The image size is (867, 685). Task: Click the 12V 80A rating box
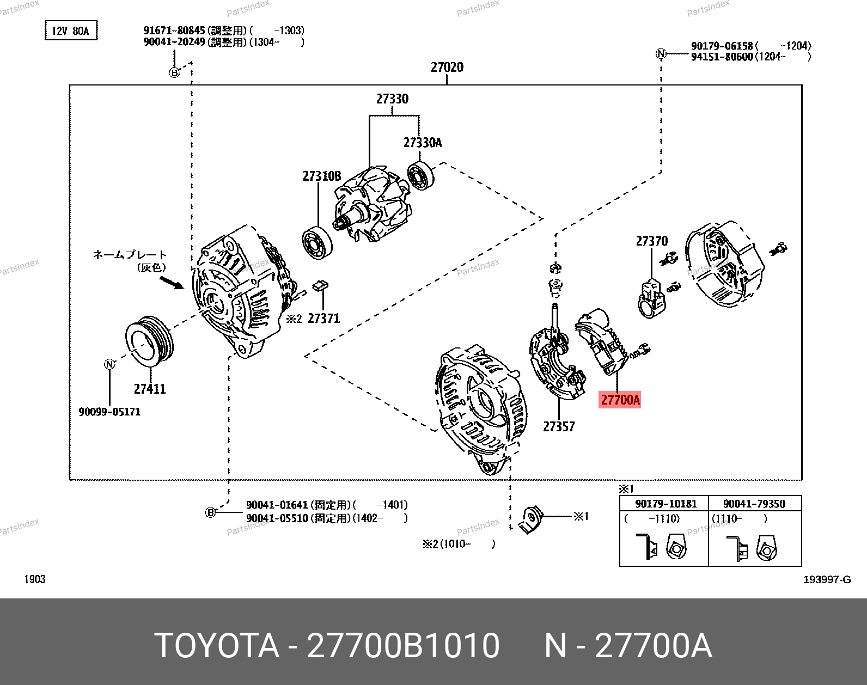[x=71, y=31]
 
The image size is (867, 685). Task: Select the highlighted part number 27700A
[x=620, y=400]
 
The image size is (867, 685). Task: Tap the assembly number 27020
[x=447, y=68]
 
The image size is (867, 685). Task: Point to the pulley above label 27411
[x=149, y=342]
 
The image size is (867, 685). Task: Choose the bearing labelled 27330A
[x=421, y=175]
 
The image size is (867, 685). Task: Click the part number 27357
[x=559, y=427]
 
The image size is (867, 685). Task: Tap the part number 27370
[x=651, y=241]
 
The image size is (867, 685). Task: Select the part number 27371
[x=323, y=319]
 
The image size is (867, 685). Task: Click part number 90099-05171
[x=109, y=412]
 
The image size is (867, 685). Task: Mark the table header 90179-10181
[x=665, y=504]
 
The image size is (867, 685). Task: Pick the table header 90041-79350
[x=754, y=504]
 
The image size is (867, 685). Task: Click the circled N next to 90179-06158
[x=661, y=53]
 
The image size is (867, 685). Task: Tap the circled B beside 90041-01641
[x=210, y=512]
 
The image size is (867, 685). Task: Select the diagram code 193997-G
[x=827, y=579]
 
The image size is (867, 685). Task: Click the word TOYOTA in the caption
[x=217, y=646]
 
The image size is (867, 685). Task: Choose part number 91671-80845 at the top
[x=174, y=31]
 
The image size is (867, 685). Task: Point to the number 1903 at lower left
[x=35, y=579]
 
